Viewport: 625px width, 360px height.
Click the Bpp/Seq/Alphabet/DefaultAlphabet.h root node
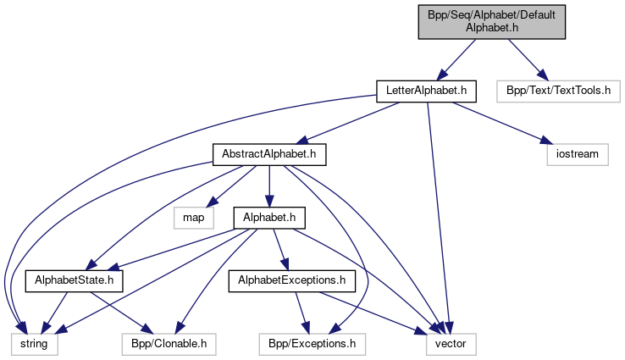[491, 20]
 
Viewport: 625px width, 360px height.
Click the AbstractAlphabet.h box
[268, 154]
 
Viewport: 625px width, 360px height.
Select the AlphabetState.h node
[75, 280]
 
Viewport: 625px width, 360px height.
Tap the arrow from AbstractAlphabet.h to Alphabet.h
[268, 186]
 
